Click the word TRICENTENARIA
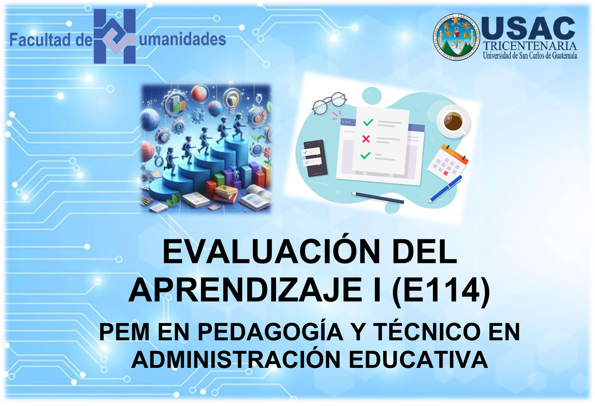[x=530, y=46]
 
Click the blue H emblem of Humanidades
[x=114, y=36]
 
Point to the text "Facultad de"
[x=51, y=40]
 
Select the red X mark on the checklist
[x=366, y=139]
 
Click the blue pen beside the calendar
[x=445, y=189]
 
